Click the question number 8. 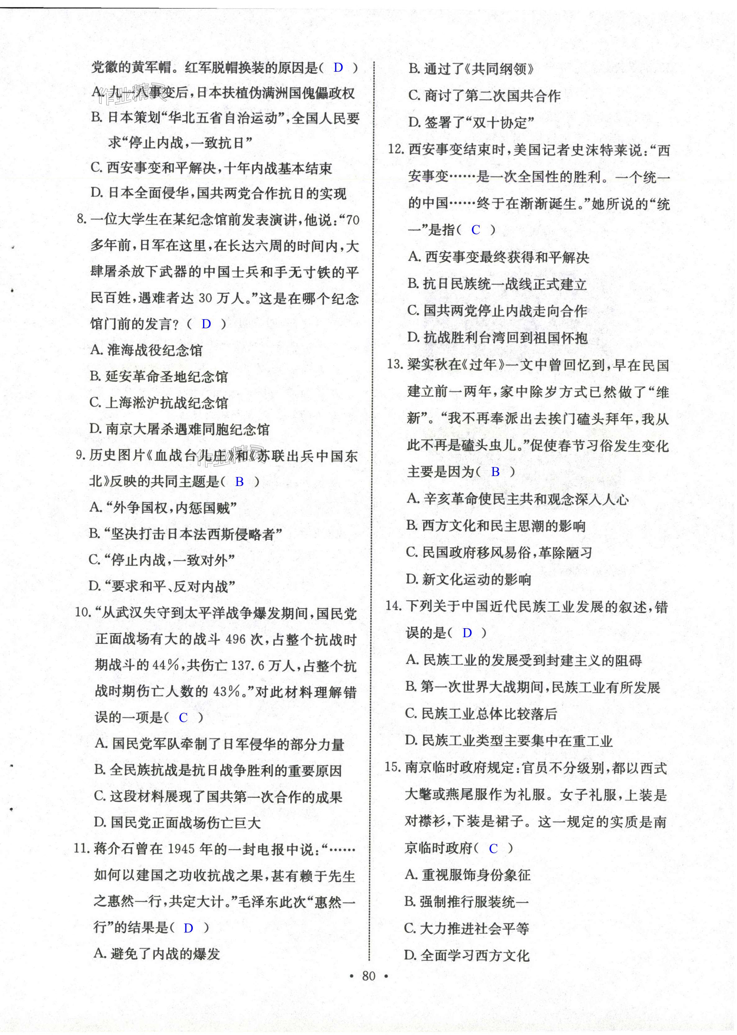(81, 220)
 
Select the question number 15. (393, 768)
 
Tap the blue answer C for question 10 (183, 718)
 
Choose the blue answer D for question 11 (188, 928)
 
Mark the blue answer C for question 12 (476, 230)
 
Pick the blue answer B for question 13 (495, 472)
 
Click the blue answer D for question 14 (467, 633)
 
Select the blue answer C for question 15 (493, 848)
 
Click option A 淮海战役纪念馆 (147, 350)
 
